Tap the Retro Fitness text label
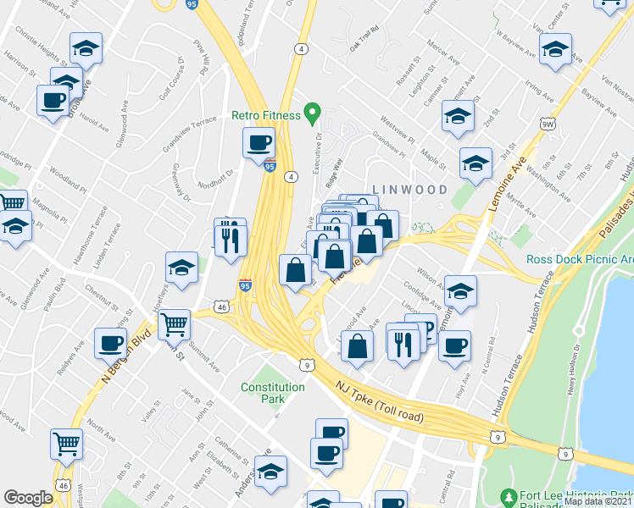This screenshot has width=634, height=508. (266, 115)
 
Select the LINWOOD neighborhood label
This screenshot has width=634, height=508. (409, 190)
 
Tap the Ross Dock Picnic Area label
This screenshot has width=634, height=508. (579, 259)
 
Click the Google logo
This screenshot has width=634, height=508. (28, 498)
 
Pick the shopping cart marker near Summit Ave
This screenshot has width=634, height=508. (175, 323)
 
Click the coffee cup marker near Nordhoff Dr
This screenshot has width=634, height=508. (259, 142)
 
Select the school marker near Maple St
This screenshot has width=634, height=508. (475, 163)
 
